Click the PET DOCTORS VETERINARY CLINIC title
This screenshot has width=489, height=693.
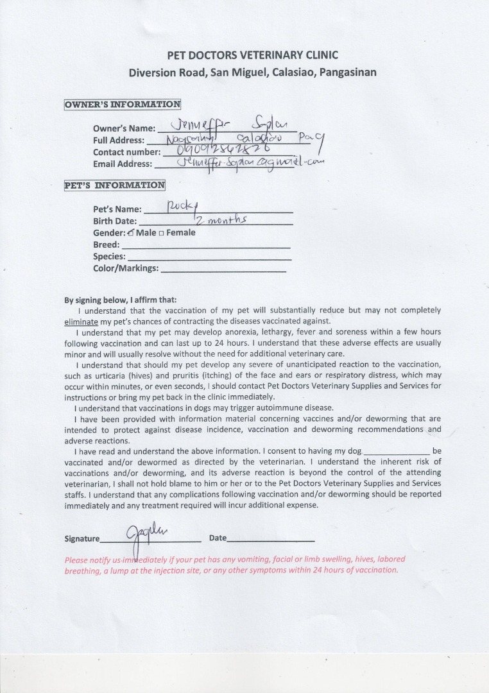[x=252, y=55]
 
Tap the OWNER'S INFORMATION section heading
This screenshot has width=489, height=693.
[x=122, y=105]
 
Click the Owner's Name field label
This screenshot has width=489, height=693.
[x=124, y=128]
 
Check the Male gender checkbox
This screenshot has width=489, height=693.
[x=131, y=232]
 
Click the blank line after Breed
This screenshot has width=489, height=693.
[x=205, y=247]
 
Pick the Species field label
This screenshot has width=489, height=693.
[x=109, y=257]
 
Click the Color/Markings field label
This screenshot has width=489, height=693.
[x=126, y=268]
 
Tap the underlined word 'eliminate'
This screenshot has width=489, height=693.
[x=81, y=321]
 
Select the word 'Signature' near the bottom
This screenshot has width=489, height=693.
[x=82, y=539]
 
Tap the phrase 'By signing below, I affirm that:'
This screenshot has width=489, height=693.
[x=120, y=300]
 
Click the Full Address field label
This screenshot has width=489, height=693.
[x=119, y=141]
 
